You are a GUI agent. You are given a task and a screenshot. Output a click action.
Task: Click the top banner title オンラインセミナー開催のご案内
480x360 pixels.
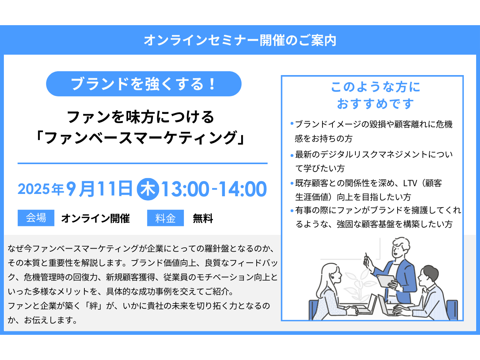(240, 40)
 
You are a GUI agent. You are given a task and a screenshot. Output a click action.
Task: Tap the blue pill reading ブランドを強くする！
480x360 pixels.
(144, 84)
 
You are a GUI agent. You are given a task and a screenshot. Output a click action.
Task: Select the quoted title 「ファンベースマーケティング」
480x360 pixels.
(140, 138)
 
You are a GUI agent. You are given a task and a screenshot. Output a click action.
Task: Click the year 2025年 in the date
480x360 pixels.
(41, 189)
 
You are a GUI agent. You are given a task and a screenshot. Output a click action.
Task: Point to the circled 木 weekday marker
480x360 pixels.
(148, 189)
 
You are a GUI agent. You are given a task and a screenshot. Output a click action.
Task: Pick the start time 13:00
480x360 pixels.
(185, 189)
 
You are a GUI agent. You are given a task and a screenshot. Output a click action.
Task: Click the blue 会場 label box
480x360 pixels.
(36, 218)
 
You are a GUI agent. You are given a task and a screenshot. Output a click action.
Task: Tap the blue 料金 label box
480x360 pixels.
(166, 218)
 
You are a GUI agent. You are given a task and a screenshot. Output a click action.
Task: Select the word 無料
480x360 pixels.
(203, 218)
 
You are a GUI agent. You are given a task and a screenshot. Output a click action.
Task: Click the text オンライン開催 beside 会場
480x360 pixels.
(96, 218)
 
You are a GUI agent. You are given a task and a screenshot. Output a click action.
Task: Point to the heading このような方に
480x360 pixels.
(375, 87)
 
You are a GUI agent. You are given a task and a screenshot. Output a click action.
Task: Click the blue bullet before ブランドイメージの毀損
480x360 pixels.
(292, 124)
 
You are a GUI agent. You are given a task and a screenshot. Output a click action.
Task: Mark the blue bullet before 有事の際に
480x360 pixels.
(292, 211)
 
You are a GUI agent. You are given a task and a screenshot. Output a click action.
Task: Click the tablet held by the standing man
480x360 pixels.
(386, 281)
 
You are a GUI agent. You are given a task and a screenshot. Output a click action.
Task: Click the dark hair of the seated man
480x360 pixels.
(429, 272)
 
